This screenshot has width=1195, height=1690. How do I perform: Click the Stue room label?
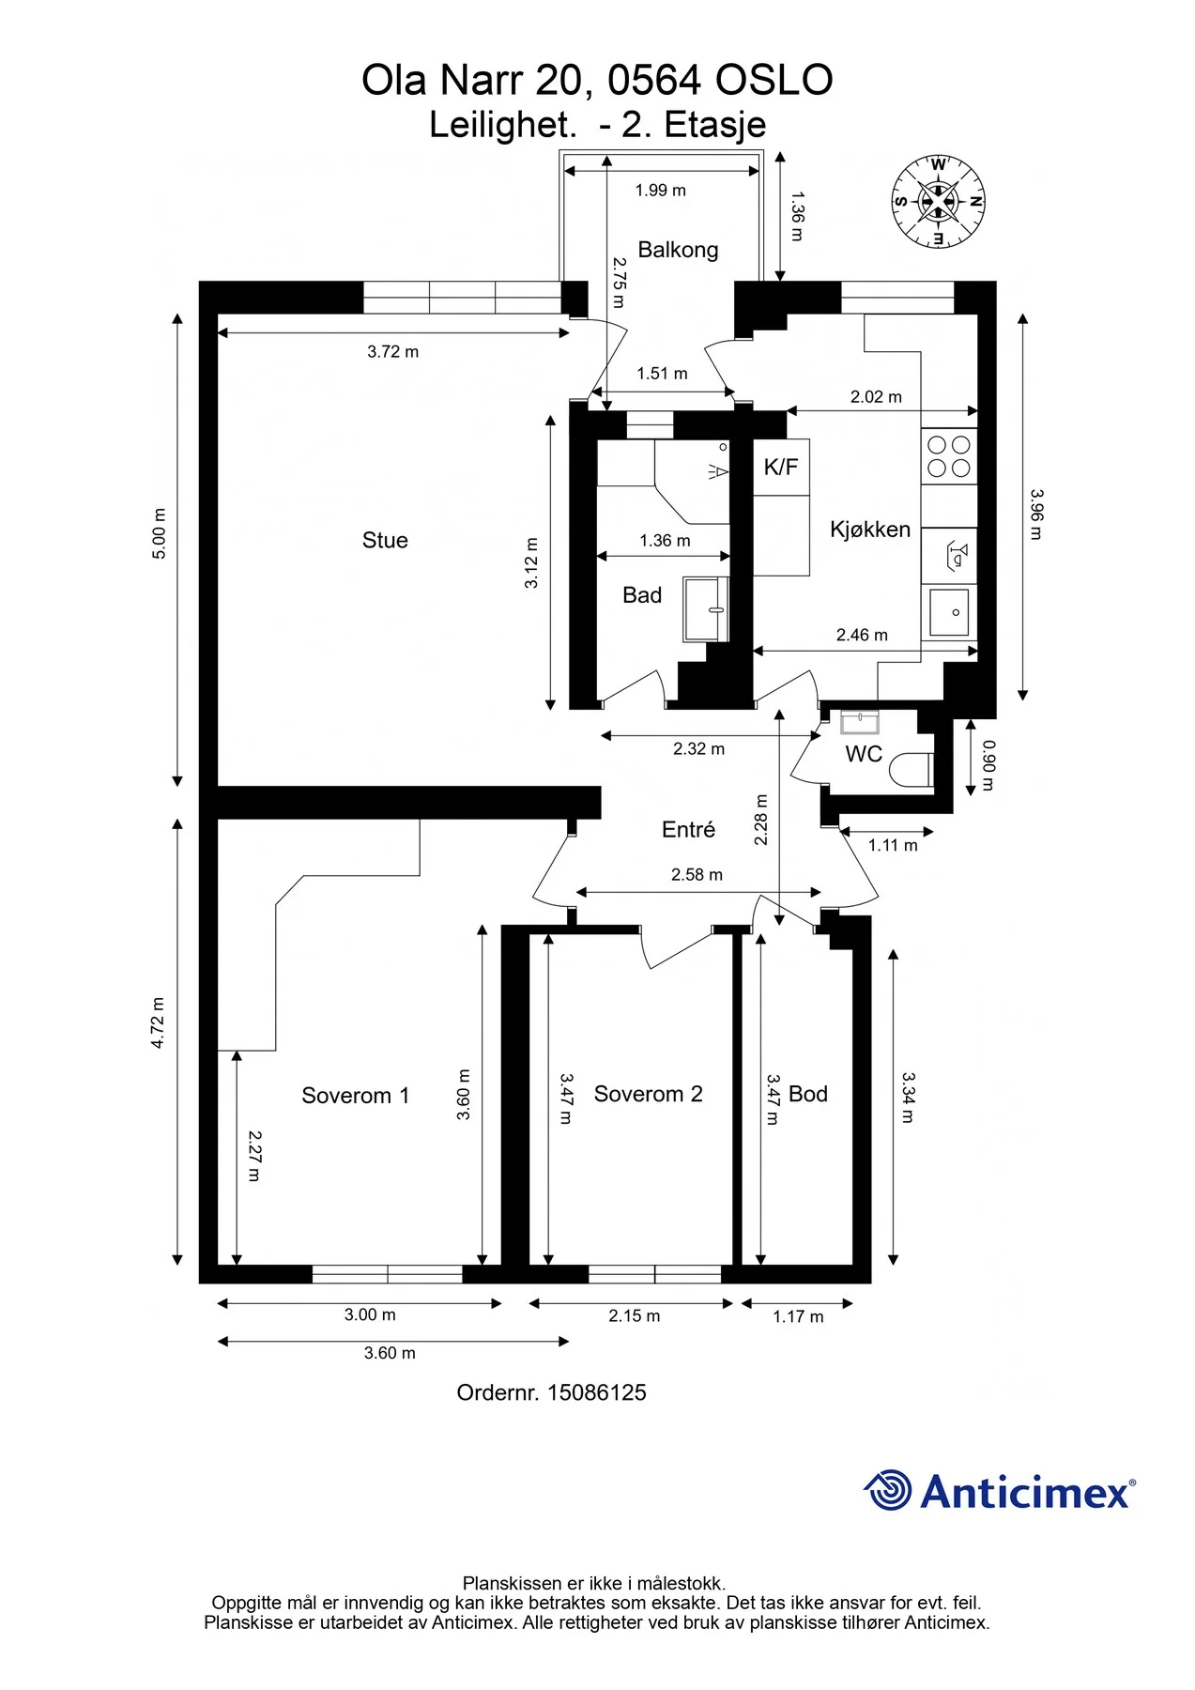385,540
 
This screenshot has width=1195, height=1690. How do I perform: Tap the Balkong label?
678,250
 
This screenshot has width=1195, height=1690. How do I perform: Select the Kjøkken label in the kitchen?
870,530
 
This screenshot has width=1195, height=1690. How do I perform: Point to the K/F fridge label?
781,467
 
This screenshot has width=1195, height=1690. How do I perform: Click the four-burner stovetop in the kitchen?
949,456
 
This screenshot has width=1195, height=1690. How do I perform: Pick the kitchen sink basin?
949,611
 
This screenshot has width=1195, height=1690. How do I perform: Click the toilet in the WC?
910,771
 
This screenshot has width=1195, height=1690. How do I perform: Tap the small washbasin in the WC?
859,722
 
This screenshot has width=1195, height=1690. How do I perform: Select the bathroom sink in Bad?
707,609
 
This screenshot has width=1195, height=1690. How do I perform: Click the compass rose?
937,202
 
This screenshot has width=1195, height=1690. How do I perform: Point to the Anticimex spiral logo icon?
887,1490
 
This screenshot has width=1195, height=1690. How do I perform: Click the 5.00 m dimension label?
160,534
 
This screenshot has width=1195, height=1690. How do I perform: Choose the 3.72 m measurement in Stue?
393,352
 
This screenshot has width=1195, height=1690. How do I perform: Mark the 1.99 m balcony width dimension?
661,191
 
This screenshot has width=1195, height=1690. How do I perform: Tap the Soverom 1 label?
356,1096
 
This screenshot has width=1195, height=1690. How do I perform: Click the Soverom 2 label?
649,1094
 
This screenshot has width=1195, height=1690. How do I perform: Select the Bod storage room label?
808,1094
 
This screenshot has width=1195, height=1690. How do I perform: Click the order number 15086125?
597,1392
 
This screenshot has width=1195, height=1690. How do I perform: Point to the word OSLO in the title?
774,81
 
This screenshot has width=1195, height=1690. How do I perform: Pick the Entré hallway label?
689,829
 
